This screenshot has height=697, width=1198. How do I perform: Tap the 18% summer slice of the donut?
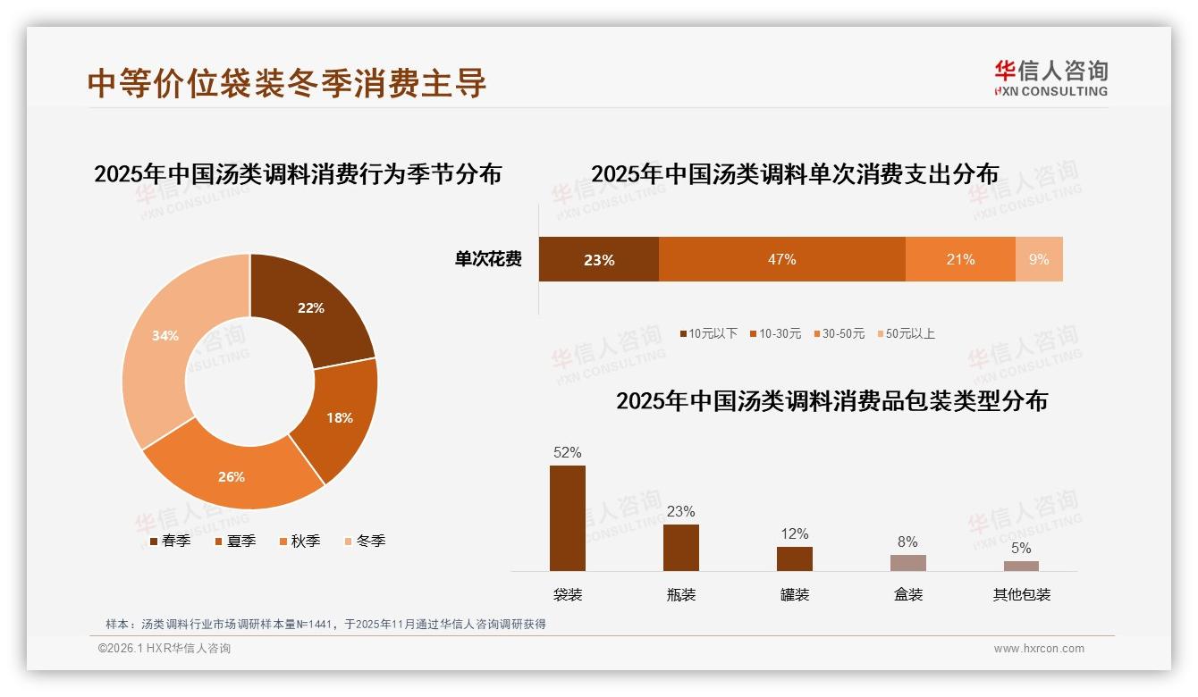click(339, 417)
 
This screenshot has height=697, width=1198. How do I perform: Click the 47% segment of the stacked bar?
click(781, 259)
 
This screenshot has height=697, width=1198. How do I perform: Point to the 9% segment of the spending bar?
click(1039, 259)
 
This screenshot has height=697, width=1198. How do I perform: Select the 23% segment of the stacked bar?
click(598, 259)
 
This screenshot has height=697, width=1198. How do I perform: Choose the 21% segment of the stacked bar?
click(960, 259)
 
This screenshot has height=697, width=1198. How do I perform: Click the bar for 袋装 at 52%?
click(567, 518)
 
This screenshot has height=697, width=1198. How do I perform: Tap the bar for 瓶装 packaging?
click(680, 548)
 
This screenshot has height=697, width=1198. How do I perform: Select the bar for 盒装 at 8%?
click(907, 562)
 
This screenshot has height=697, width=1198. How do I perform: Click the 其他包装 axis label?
click(1021, 594)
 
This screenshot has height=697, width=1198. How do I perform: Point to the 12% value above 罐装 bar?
click(794, 534)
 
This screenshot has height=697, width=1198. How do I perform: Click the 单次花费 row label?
click(488, 259)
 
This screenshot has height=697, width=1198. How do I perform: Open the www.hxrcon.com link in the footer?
click(1038, 649)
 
